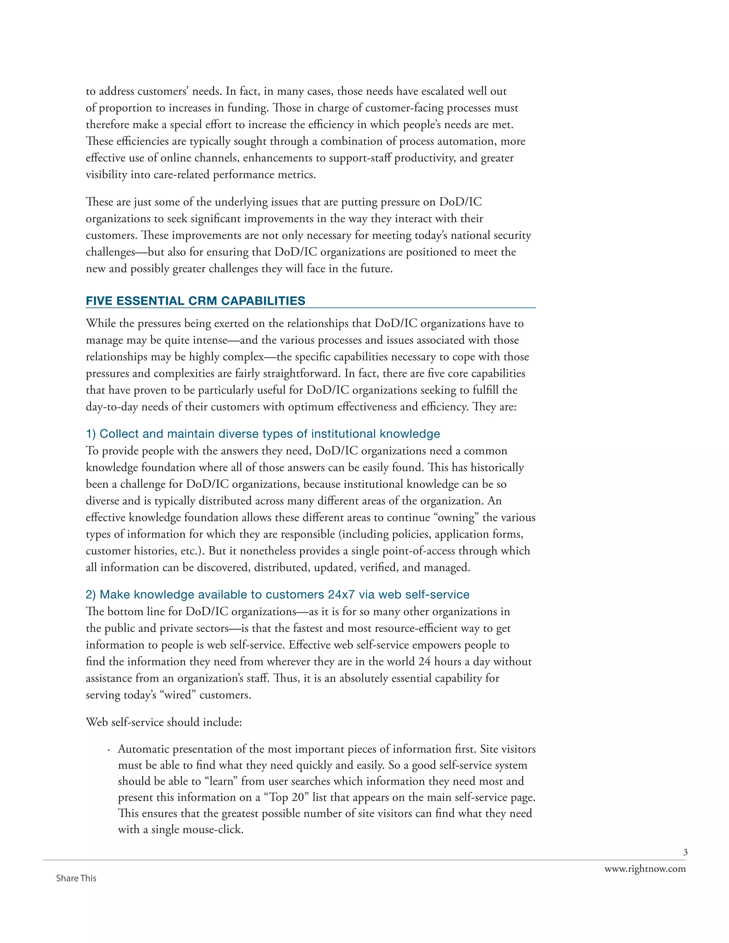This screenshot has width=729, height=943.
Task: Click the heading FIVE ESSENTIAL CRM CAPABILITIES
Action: click(x=195, y=301)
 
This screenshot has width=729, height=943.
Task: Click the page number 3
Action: click(x=685, y=852)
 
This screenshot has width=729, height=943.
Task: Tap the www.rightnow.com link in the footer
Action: click(x=645, y=869)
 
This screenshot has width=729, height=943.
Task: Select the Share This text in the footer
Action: click(x=76, y=878)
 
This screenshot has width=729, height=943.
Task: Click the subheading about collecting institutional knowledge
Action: click(x=263, y=433)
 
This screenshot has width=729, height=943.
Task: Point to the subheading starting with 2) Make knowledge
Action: click(x=277, y=595)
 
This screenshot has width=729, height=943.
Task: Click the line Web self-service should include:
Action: click(x=164, y=722)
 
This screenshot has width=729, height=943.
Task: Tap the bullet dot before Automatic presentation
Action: click(x=109, y=750)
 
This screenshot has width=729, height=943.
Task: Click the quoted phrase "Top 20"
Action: click(x=286, y=797)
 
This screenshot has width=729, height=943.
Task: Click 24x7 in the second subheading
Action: click(x=341, y=595)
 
